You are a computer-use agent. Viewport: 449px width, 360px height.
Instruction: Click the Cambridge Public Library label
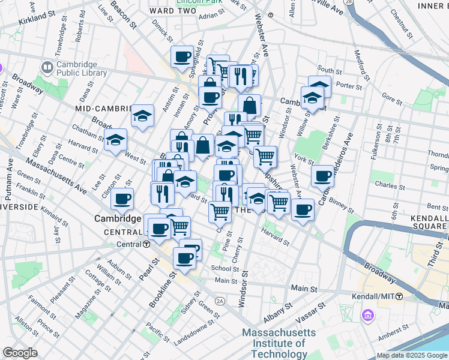pyautogui.click(x=81, y=69)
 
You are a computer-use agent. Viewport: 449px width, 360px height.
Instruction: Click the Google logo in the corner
pyautogui.click(x=20, y=353)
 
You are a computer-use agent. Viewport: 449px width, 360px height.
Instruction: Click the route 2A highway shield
pyautogui.click(x=220, y=300)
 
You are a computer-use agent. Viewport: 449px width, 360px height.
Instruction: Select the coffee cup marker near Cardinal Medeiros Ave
pyautogui.click(x=323, y=176)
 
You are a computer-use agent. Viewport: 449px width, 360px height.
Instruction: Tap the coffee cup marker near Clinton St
pyautogui.click(x=122, y=199)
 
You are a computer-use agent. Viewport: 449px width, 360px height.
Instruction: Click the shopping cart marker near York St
pyautogui.click(x=265, y=157)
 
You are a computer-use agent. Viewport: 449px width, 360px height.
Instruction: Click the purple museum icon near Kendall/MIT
pyautogui.click(x=367, y=314)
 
